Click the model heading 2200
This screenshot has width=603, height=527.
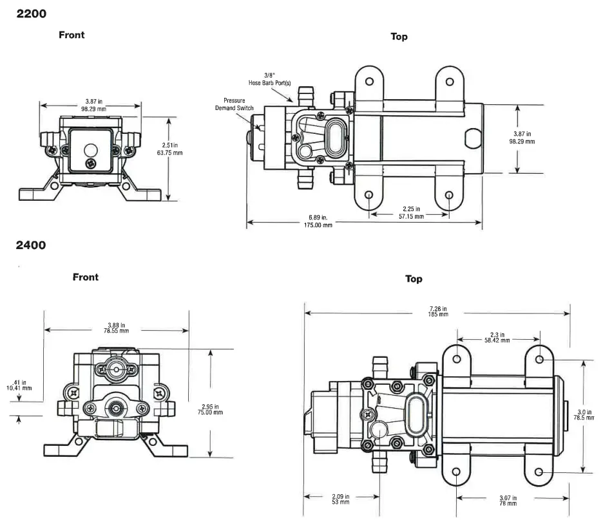pyautogui.click(x=31, y=14)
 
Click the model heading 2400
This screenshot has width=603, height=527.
pyautogui.click(x=31, y=245)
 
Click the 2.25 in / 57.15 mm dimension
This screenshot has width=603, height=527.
pyautogui.click(x=410, y=213)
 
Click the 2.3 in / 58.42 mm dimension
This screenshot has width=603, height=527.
pyautogui.click(x=497, y=337)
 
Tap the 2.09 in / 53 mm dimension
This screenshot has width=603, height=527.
pyautogui.click(x=340, y=499)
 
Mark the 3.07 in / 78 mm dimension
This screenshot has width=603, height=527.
pyautogui.click(x=512, y=499)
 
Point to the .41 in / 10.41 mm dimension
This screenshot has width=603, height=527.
pyautogui.click(x=19, y=385)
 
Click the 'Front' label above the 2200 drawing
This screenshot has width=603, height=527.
pyautogui.click(x=72, y=35)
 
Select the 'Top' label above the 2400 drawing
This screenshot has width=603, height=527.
pyautogui.click(x=414, y=279)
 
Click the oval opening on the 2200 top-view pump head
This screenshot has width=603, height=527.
pyautogui.click(x=336, y=135)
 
